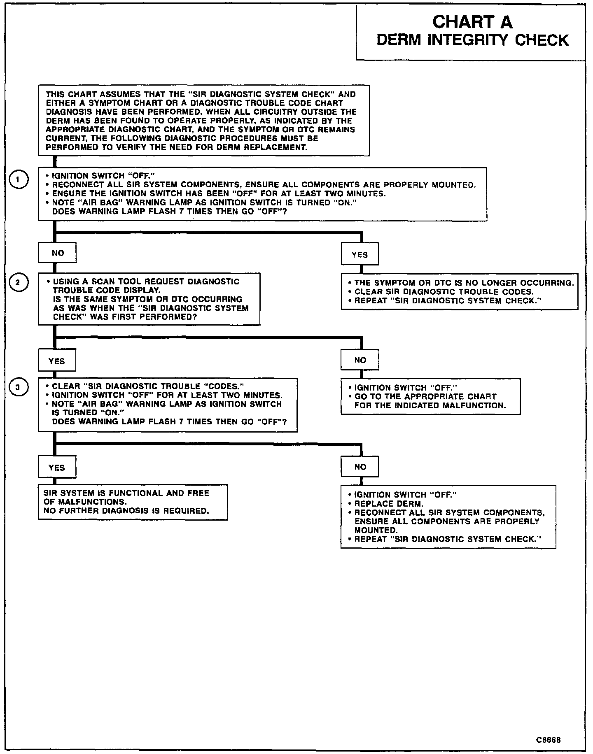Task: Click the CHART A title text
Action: click(472, 22)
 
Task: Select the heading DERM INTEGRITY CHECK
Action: click(472, 40)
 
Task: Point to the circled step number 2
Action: click(18, 282)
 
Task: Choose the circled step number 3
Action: click(18, 387)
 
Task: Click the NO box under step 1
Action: click(57, 253)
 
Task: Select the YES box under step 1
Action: click(360, 255)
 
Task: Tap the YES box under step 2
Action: click(57, 361)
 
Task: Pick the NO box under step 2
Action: click(360, 360)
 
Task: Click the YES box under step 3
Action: click(57, 468)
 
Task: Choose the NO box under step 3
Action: click(360, 467)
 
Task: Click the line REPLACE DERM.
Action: click(389, 504)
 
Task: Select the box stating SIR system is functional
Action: click(133, 502)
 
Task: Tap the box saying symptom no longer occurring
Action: click(459, 292)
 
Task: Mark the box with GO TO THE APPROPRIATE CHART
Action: click(430, 396)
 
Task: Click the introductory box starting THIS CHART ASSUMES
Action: click(203, 121)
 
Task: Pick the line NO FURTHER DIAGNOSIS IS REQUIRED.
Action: click(126, 511)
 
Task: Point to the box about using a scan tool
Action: click(149, 299)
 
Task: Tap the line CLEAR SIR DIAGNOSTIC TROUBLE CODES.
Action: click(444, 292)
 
